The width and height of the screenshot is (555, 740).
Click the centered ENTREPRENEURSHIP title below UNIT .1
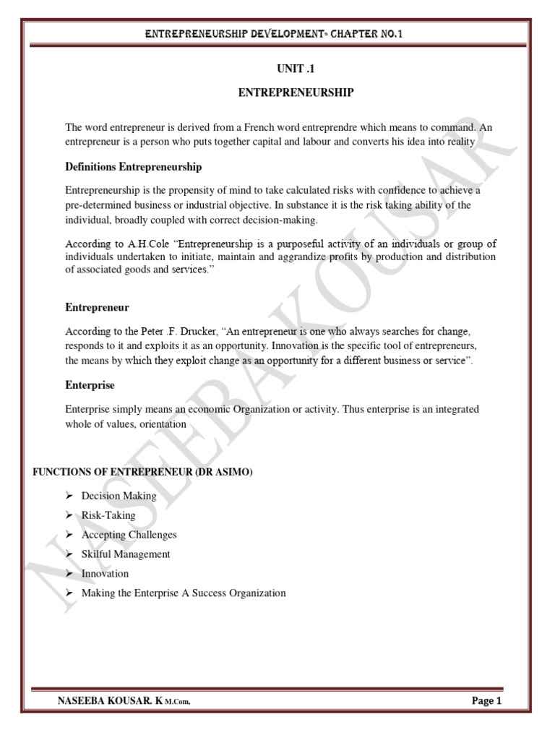[x=296, y=93]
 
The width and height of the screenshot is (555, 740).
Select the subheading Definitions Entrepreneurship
[x=134, y=167]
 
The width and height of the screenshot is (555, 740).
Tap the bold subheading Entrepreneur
[x=97, y=307]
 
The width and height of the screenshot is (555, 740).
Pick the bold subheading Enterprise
[x=90, y=385]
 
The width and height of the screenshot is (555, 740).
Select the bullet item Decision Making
[x=119, y=496]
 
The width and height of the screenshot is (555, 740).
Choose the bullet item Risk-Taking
[x=108, y=516]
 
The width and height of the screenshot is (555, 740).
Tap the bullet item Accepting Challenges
[x=129, y=535]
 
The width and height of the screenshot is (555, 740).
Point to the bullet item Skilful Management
[x=126, y=554]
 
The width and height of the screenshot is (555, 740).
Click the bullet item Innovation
[x=105, y=574]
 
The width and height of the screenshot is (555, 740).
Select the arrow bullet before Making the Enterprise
[x=69, y=593]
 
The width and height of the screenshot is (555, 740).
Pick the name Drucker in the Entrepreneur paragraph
[x=194, y=331]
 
